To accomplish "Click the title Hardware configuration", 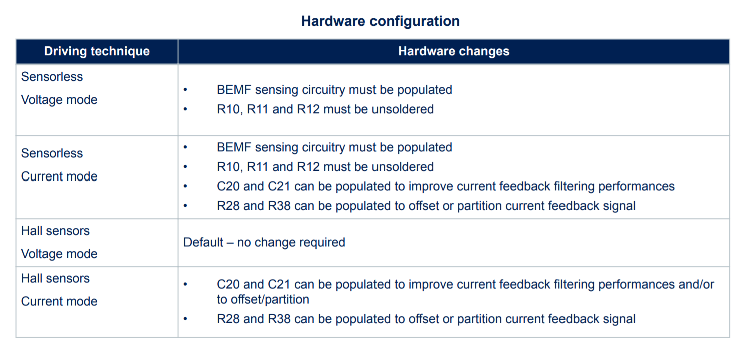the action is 380,21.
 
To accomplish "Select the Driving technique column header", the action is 97,51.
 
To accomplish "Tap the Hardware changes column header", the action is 454,51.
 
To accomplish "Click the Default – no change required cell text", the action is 264,242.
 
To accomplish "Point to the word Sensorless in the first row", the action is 52,77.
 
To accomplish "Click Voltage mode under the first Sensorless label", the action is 59,100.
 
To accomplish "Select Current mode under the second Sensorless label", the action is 59,176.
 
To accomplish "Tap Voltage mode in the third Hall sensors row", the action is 59,254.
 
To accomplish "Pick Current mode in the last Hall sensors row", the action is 59,301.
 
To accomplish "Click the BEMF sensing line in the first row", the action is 334,90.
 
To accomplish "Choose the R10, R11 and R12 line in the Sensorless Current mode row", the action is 325,167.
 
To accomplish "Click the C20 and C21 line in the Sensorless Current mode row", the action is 446,186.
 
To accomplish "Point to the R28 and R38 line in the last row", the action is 426,319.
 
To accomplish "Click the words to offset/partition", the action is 263,299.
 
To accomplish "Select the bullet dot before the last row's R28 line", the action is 185,319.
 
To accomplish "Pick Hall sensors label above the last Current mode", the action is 55,278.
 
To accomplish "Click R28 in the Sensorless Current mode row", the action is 228,206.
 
